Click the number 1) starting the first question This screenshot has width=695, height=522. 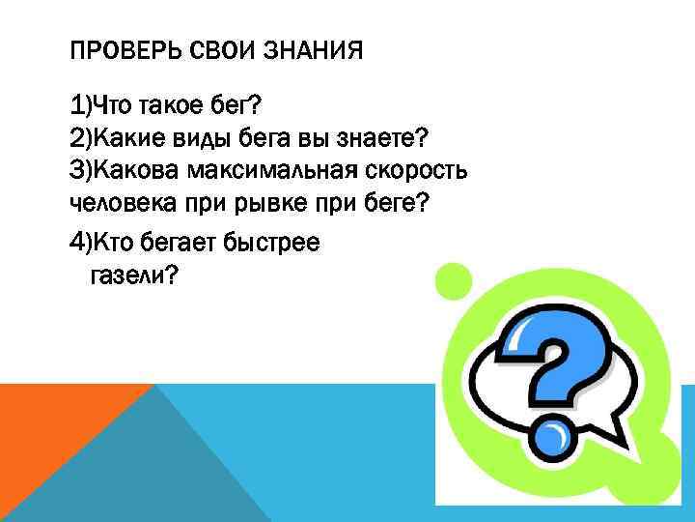pos(81,103)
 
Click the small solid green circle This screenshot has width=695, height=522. pos(455,281)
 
